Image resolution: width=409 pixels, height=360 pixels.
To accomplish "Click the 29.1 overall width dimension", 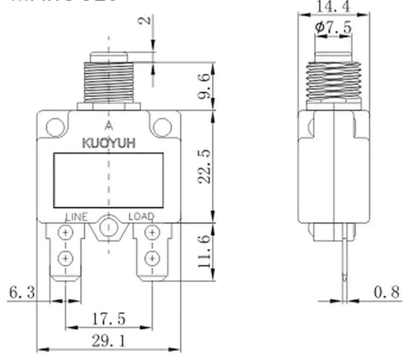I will point(109,340).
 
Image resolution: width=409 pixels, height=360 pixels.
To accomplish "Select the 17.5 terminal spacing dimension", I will point(109,319).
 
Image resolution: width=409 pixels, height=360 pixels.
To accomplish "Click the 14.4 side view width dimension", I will point(334,6).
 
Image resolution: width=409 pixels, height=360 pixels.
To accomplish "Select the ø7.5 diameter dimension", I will point(334,28).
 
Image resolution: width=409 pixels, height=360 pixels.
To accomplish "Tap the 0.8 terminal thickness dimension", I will point(387,292).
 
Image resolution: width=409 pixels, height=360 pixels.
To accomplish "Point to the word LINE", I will point(77,217).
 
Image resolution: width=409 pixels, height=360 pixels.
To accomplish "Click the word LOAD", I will point(141,217).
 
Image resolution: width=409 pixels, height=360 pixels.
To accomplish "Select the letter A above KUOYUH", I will point(109,126).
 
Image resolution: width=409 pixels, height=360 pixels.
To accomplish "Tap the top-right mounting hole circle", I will point(162,127).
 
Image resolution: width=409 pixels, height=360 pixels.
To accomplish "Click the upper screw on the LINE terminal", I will point(66,233).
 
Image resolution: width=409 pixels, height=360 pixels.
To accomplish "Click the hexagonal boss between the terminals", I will point(109,228).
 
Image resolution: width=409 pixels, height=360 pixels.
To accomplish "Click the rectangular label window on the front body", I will point(109,180).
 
